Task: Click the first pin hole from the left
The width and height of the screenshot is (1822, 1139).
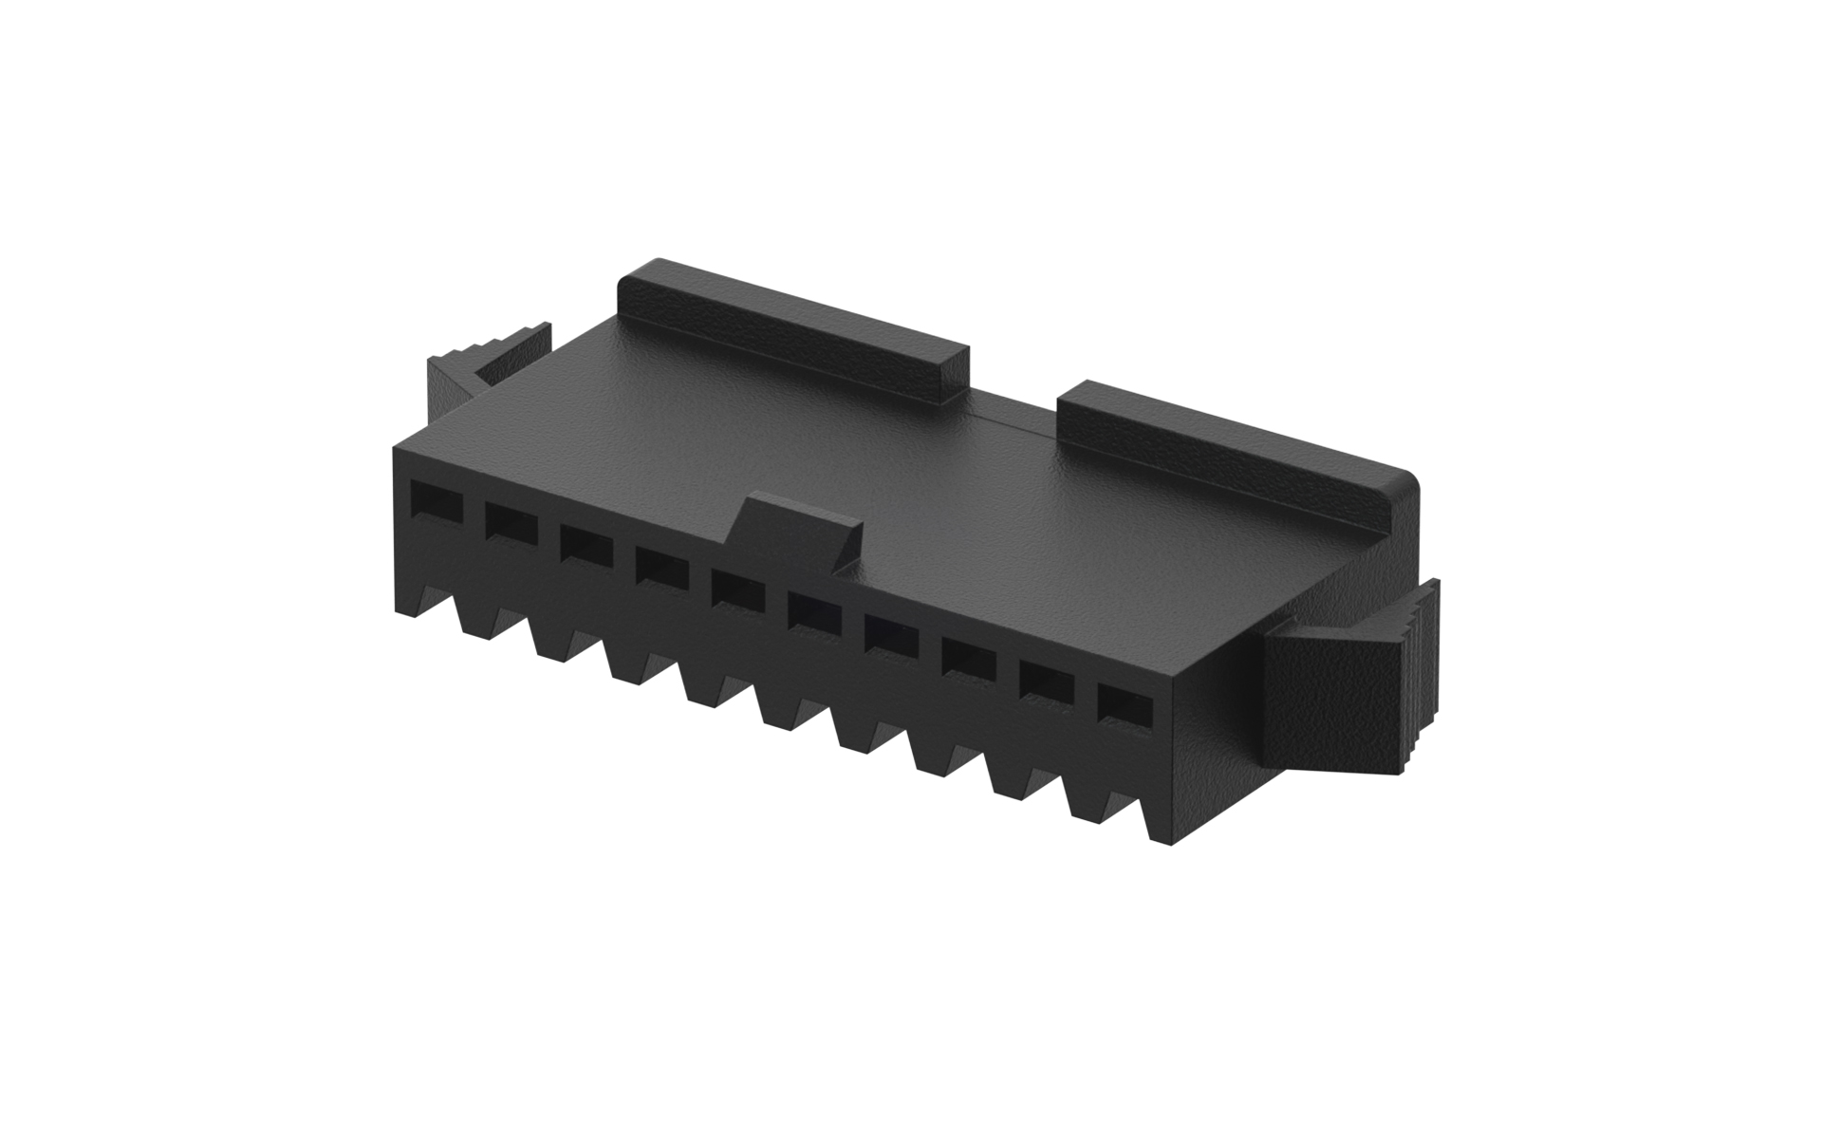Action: pos(435,501)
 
